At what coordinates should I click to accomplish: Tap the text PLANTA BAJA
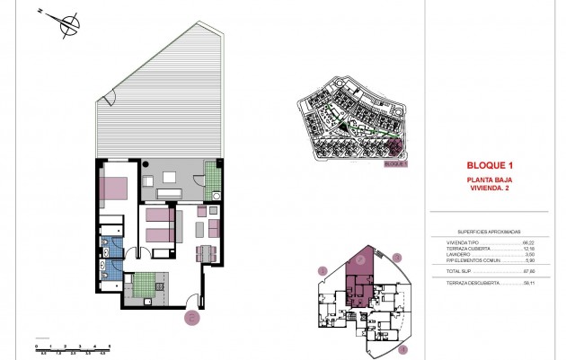[490, 180]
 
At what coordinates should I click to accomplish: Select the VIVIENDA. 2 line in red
[490, 187]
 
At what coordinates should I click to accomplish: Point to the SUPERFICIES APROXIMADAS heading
[490, 231]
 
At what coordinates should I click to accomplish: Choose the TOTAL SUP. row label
[459, 270]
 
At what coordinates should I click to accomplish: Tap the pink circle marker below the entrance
[190, 316]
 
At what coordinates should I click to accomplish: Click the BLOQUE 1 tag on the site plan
[395, 164]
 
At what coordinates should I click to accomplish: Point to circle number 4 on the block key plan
[402, 348]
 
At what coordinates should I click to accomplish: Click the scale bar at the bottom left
[72, 347]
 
